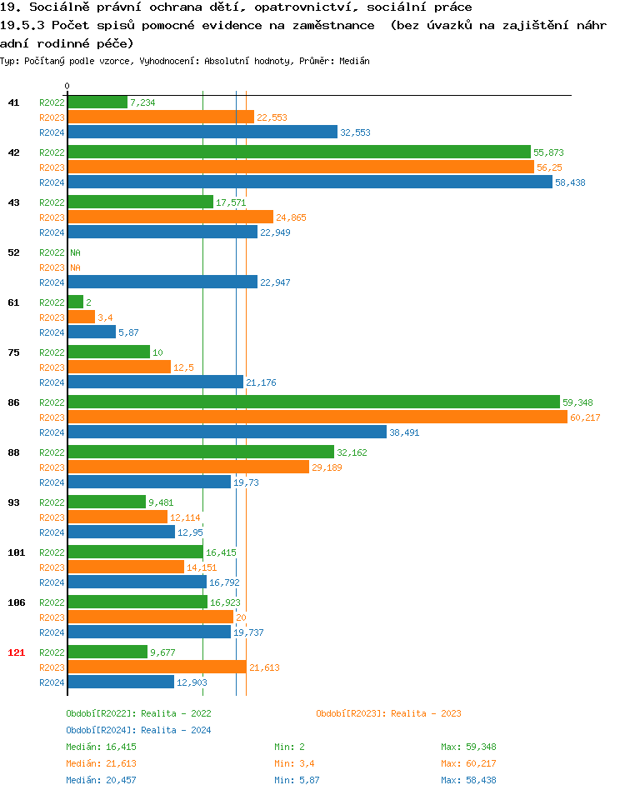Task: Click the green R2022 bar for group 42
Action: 298,152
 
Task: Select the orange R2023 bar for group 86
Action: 317,417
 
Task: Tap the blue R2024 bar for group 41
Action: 202,132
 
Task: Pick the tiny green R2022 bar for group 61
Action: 75,302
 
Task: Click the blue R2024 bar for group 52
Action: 162,282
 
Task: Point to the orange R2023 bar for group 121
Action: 157,667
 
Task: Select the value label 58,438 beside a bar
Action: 570,182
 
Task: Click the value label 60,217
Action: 585,417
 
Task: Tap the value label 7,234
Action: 142,102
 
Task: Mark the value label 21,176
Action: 261,382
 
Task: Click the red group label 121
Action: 16,652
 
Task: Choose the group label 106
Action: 16,602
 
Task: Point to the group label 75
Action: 13,352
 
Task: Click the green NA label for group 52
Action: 75,252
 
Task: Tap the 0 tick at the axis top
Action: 67,87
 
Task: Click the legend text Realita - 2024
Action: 176,730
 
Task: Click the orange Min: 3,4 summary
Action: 297,763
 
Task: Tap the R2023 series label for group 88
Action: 52,467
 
